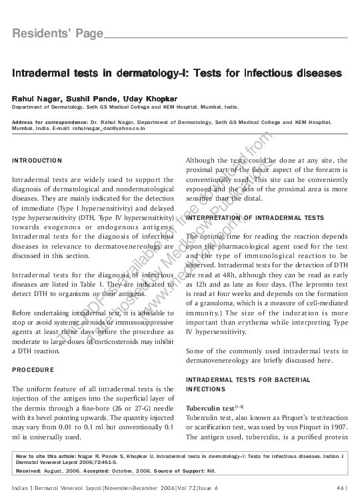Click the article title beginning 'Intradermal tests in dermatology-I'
coord(177,71)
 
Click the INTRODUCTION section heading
coord(37,161)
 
